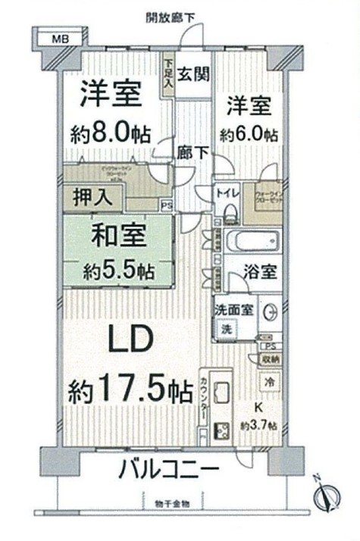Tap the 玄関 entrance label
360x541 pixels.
(195, 74)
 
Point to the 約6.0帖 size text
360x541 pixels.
(249, 134)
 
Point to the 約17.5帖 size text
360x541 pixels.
(129, 392)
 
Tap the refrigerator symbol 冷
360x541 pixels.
(270, 383)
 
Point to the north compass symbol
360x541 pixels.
(324, 496)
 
